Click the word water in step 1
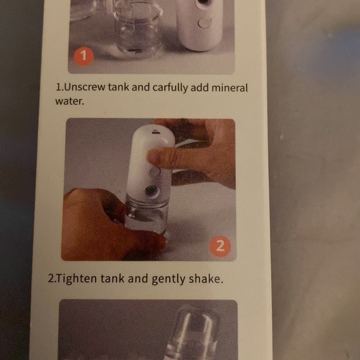69,100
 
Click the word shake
205,279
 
